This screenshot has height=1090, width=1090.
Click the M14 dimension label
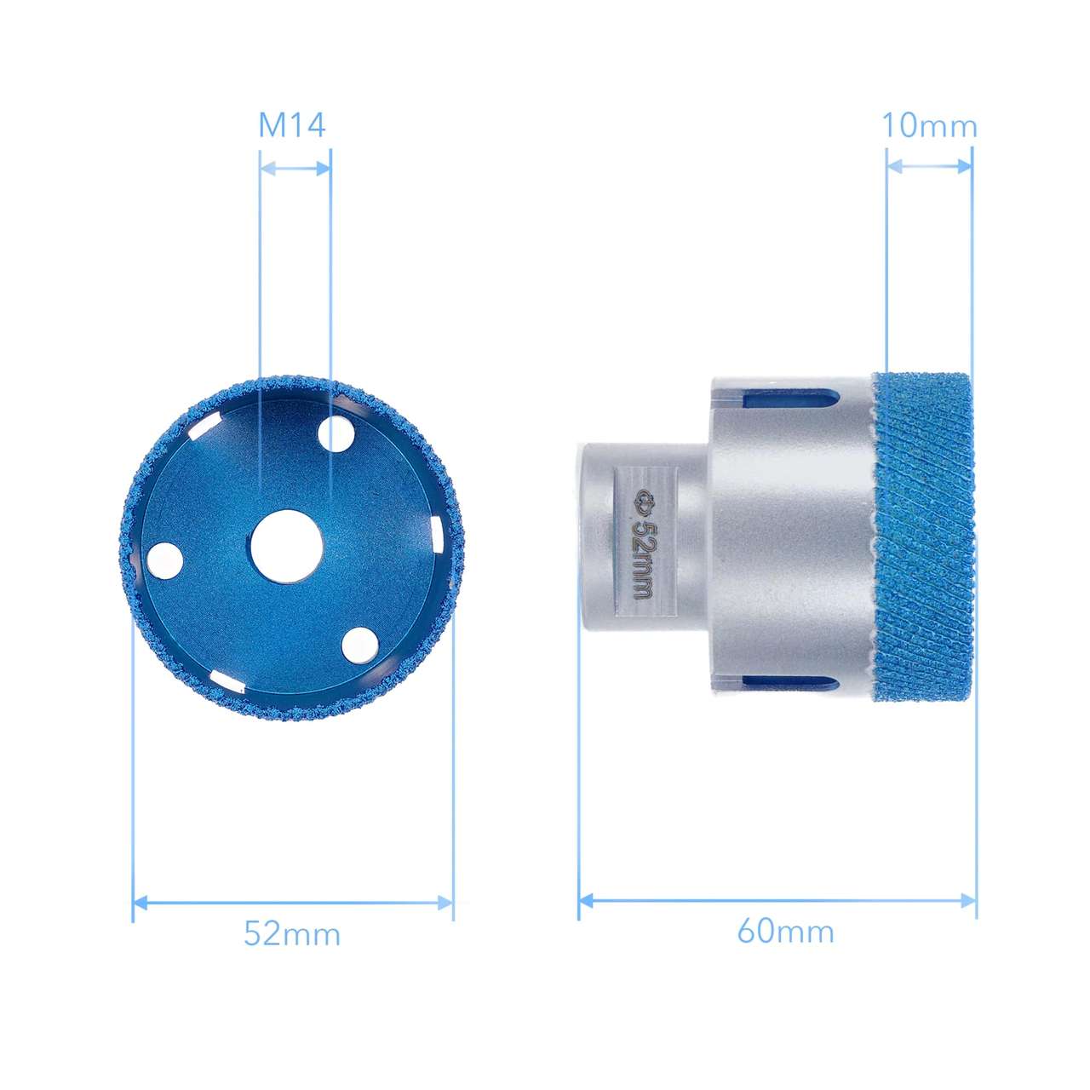coord(292,126)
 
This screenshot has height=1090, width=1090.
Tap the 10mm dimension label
coord(928,126)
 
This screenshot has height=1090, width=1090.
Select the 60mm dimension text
coord(785,931)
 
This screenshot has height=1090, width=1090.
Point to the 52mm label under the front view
coord(292,933)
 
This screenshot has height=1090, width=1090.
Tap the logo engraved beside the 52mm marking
coord(644,502)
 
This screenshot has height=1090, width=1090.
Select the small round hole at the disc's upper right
coord(336,435)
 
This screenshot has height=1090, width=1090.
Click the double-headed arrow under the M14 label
coord(295,169)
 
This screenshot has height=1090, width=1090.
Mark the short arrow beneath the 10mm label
coord(928,167)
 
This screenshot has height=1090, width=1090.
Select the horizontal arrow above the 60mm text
coord(777,900)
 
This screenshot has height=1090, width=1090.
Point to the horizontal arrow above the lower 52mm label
coord(292,902)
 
